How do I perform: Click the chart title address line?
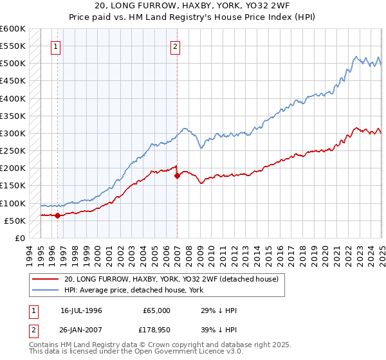[193, 5]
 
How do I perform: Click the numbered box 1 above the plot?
[57, 46]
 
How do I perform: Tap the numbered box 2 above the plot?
[175, 46]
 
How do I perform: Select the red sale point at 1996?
[57, 215]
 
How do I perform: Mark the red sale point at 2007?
[177, 175]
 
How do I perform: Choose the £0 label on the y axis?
[19, 238]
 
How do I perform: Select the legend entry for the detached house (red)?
[170, 280]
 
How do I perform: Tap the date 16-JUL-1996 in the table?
[81, 310]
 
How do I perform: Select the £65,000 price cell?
[156, 310]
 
